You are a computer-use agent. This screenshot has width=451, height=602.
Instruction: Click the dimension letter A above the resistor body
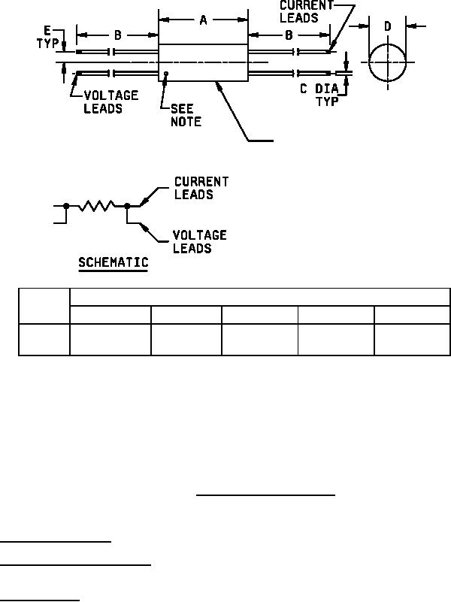(x=203, y=21)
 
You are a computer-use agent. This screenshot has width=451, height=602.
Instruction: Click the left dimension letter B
(x=118, y=35)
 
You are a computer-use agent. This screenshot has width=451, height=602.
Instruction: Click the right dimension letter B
(x=289, y=35)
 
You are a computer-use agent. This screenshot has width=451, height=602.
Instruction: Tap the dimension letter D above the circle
(x=387, y=27)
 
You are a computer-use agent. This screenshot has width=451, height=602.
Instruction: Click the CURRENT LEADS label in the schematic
(x=201, y=188)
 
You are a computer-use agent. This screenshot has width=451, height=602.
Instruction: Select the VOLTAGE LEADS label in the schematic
(x=200, y=241)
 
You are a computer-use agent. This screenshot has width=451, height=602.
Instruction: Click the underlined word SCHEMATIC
(x=114, y=263)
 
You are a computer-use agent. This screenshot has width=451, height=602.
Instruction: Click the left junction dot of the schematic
(x=67, y=205)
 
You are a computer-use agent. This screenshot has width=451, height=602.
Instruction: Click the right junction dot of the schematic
(x=127, y=205)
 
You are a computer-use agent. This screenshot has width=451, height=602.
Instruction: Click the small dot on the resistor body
(x=166, y=74)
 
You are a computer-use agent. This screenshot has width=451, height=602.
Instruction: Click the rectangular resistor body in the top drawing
(x=203, y=63)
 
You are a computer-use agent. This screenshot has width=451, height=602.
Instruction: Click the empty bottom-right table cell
(x=412, y=340)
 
